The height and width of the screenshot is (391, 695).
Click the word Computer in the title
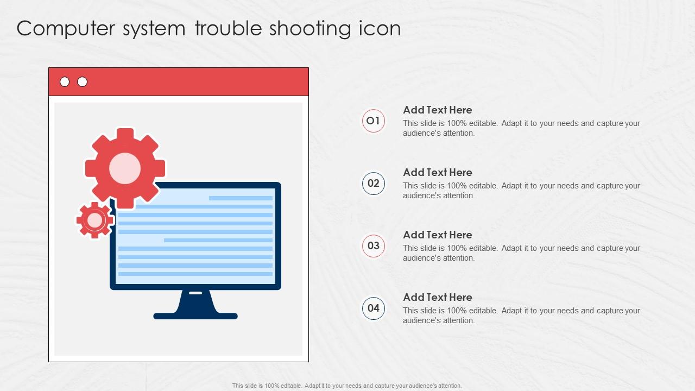click(66, 29)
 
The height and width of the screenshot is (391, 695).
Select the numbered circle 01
click(373, 121)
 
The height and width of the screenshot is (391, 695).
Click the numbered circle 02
click(373, 184)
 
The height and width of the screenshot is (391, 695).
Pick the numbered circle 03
click(373, 246)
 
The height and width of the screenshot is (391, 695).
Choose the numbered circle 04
click(373, 308)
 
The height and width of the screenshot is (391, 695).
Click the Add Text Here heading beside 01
click(438, 110)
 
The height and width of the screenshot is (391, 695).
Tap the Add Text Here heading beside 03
click(438, 235)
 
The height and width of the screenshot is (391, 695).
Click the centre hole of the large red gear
click(125, 168)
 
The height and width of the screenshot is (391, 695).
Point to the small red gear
click(95, 220)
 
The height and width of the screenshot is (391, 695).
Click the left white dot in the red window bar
click(65, 82)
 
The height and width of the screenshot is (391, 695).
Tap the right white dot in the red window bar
click(82, 82)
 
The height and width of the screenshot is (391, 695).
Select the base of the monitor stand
click(195, 316)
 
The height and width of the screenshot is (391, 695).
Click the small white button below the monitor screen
click(195, 293)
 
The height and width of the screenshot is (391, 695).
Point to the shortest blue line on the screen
click(241, 198)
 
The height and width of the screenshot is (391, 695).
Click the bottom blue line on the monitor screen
click(195, 274)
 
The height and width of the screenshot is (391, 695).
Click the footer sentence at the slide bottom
click(347, 386)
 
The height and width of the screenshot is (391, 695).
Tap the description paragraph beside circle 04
click(522, 316)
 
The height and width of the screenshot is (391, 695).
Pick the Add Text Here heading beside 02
click(438, 173)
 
